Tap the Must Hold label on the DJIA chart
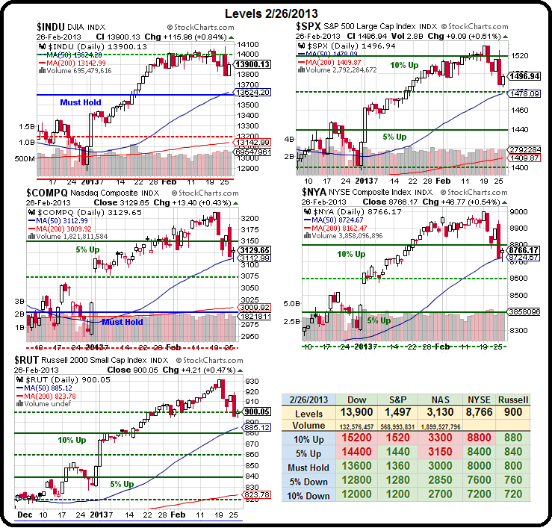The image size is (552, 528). pyautogui.click(x=81, y=102)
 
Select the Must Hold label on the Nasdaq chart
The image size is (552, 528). pyautogui.click(x=123, y=322)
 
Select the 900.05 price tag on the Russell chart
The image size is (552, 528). pyautogui.click(x=249, y=412)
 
